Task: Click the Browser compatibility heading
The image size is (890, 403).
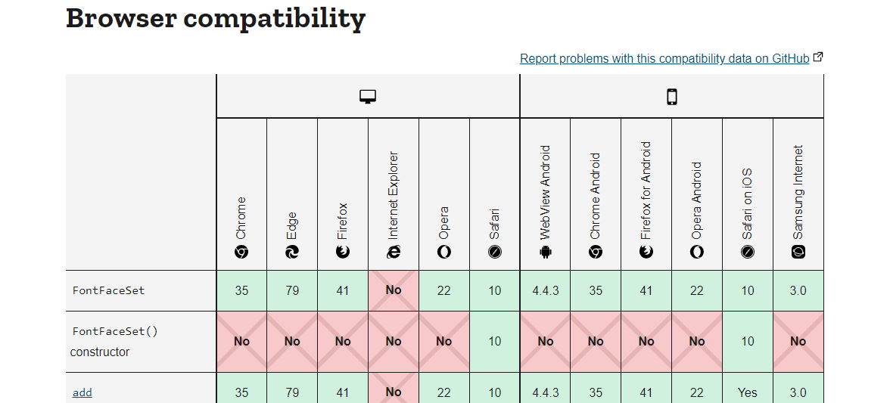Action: pos(216,18)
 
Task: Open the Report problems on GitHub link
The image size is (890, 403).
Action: pos(664,58)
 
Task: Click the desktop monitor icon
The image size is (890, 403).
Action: pos(368,97)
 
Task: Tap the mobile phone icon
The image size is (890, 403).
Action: pos(671,97)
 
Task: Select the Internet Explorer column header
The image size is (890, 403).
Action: pos(394,204)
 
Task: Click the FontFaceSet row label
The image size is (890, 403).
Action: pos(108,290)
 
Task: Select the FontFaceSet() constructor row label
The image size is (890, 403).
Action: pos(114,341)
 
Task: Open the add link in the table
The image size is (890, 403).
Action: pos(82,392)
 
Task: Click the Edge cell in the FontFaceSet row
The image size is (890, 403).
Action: pos(292,290)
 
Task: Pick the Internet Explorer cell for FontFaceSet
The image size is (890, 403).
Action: pos(394,290)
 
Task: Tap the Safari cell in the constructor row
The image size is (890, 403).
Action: pos(495,341)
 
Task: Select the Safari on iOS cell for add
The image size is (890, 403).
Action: pos(748,392)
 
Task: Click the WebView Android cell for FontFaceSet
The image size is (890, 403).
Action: pos(545,290)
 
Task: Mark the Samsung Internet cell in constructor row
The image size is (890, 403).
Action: pos(798,341)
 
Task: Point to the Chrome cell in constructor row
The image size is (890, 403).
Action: pos(241,341)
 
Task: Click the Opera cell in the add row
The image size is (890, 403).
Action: pos(444,392)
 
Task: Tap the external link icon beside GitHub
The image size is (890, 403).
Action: pos(818,57)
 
